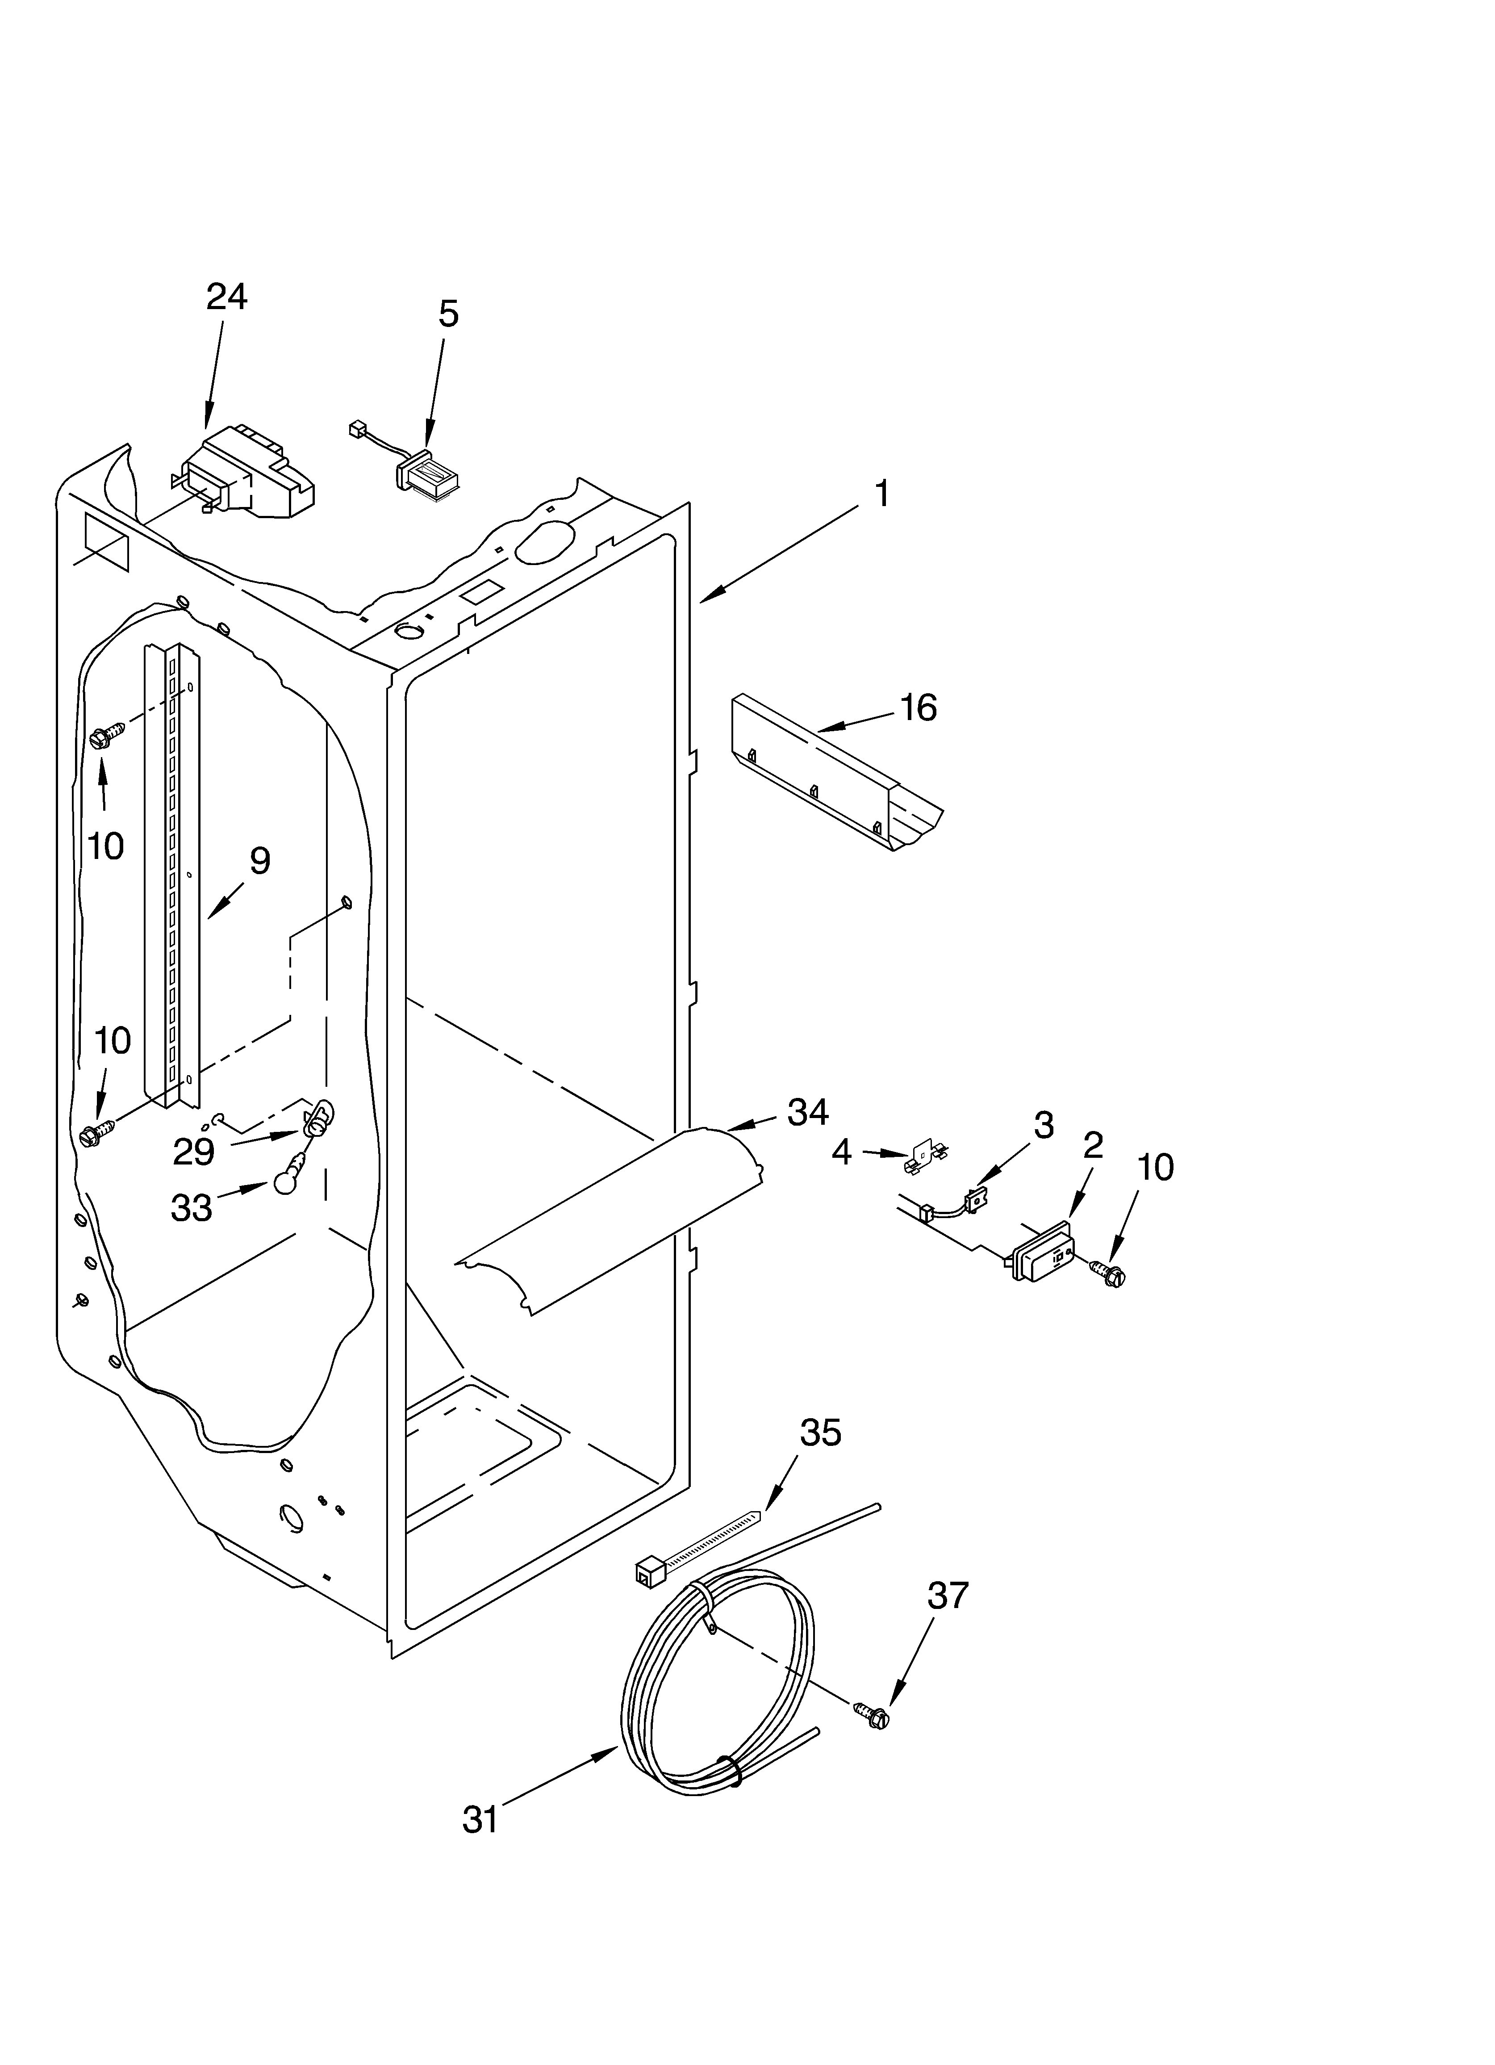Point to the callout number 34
[x=809, y=1112]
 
